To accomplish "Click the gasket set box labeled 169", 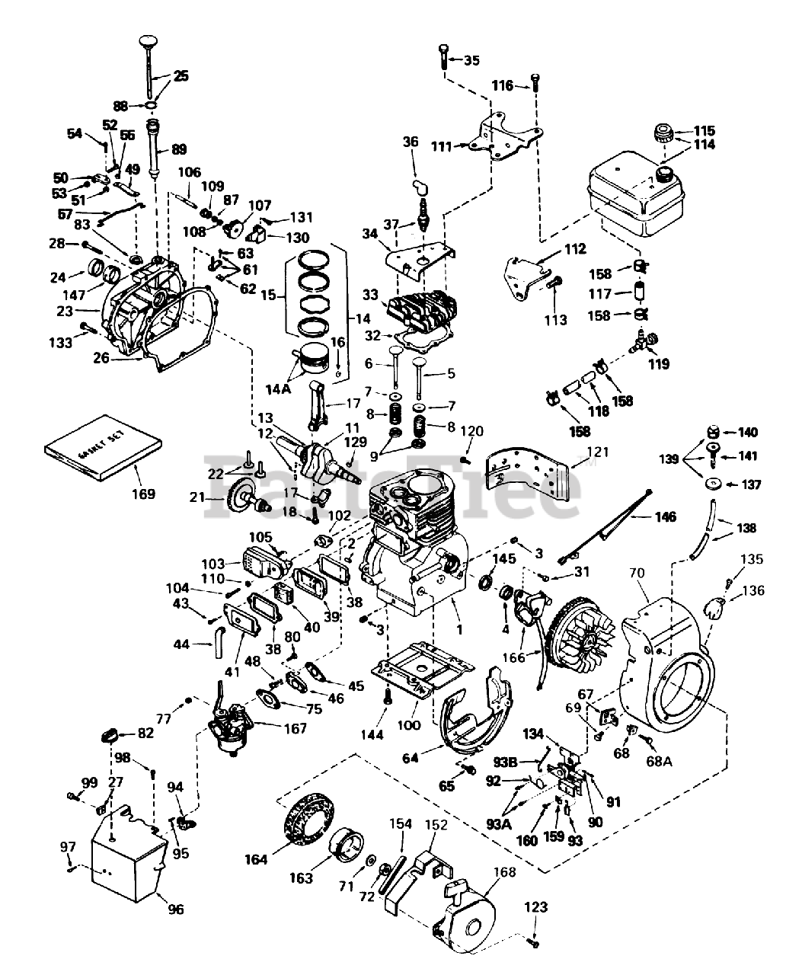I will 103,456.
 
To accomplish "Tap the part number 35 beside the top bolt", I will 472,60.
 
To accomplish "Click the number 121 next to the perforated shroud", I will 599,452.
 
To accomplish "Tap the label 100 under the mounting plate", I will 409,725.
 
